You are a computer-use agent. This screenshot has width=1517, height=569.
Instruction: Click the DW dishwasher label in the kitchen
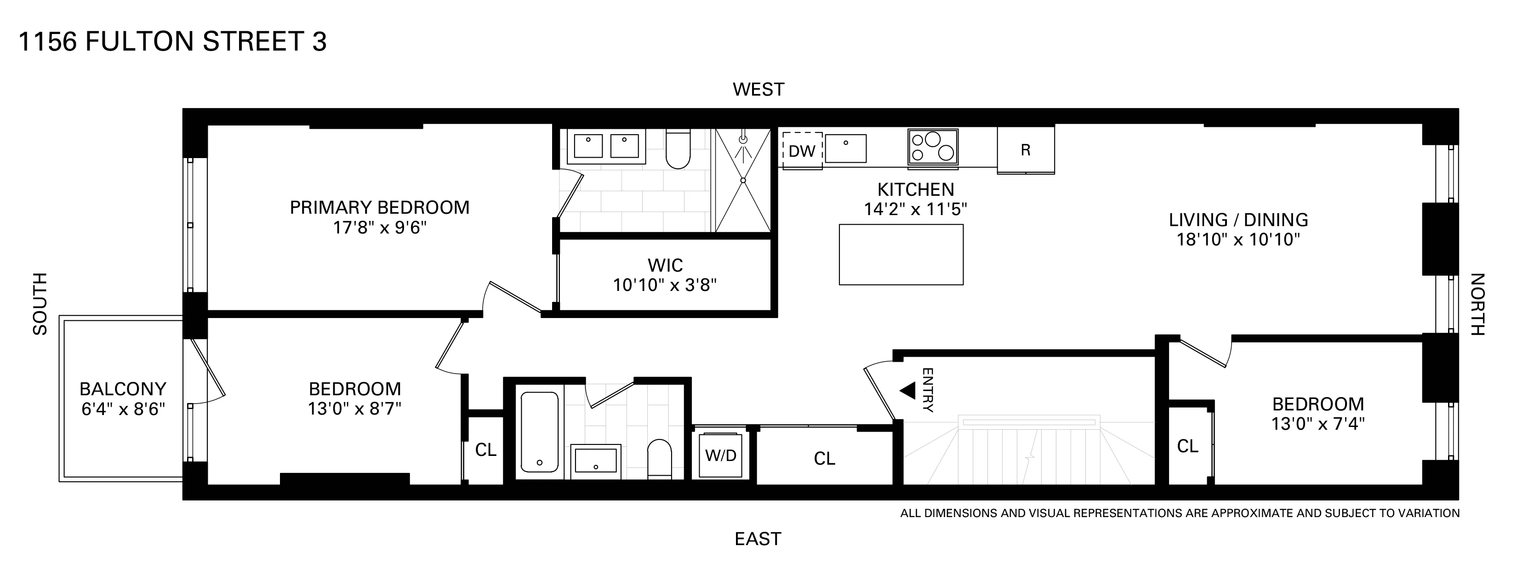(x=802, y=151)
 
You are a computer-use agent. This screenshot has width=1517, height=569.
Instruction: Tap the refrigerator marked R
(x=1025, y=150)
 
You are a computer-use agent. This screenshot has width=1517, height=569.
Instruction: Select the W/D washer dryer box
(x=721, y=456)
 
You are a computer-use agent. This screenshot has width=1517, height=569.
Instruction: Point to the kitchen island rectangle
(x=901, y=255)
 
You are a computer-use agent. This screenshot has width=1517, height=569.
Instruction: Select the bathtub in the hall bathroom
(x=539, y=432)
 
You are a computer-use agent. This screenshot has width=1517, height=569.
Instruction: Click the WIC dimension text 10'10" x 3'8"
(x=664, y=285)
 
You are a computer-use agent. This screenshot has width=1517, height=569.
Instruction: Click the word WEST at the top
(x=758, y=90)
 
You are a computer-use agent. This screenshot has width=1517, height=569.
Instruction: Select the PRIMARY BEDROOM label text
(x=379, y=207)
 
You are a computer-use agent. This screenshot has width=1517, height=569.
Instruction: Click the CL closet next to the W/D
(x=824, y=458)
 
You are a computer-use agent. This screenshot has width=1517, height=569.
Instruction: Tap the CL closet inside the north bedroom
(x=1187, y=446)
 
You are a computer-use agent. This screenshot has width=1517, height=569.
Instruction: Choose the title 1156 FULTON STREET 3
(x=172, y=42)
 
